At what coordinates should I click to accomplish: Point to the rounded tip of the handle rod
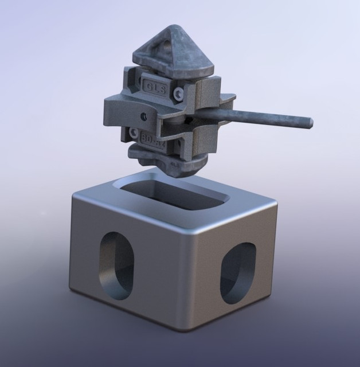click(310, 122)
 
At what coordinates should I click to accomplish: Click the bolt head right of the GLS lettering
click(181, 92)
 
